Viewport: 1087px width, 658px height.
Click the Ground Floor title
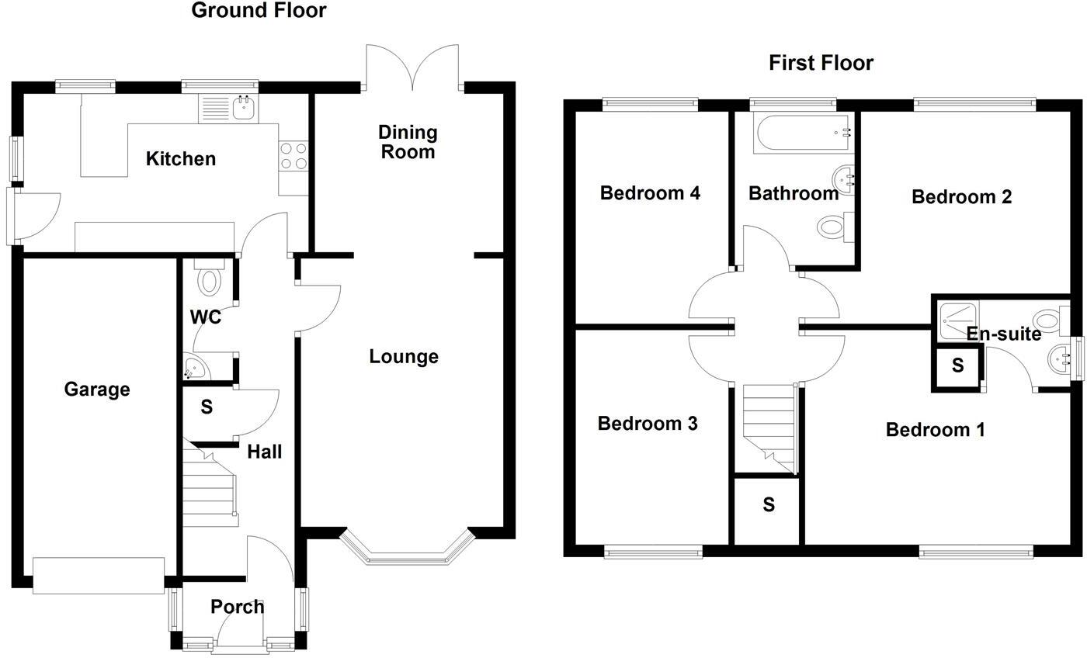click(x=259, y=11)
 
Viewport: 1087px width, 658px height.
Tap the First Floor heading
click(x=821, y=63)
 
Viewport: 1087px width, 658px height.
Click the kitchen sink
click(x=244, y=108)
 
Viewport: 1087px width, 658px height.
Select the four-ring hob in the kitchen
click(x=293, y=155)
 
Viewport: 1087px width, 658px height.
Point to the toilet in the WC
click(x=209, y=279)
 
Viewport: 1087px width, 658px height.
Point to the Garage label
click(x=96, y=390)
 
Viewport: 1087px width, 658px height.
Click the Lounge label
click(x=403, y=357)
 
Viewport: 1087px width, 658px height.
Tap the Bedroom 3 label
click(x=647, y=424)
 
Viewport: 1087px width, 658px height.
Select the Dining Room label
click(x=408, y=142)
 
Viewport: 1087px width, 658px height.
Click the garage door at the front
click(x=99, y=576)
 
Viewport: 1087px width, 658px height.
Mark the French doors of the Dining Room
click(x=413, y=68)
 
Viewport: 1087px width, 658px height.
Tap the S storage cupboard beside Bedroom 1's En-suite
click(x=957, y=365)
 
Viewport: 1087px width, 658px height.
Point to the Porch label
click(x=237, y=607)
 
